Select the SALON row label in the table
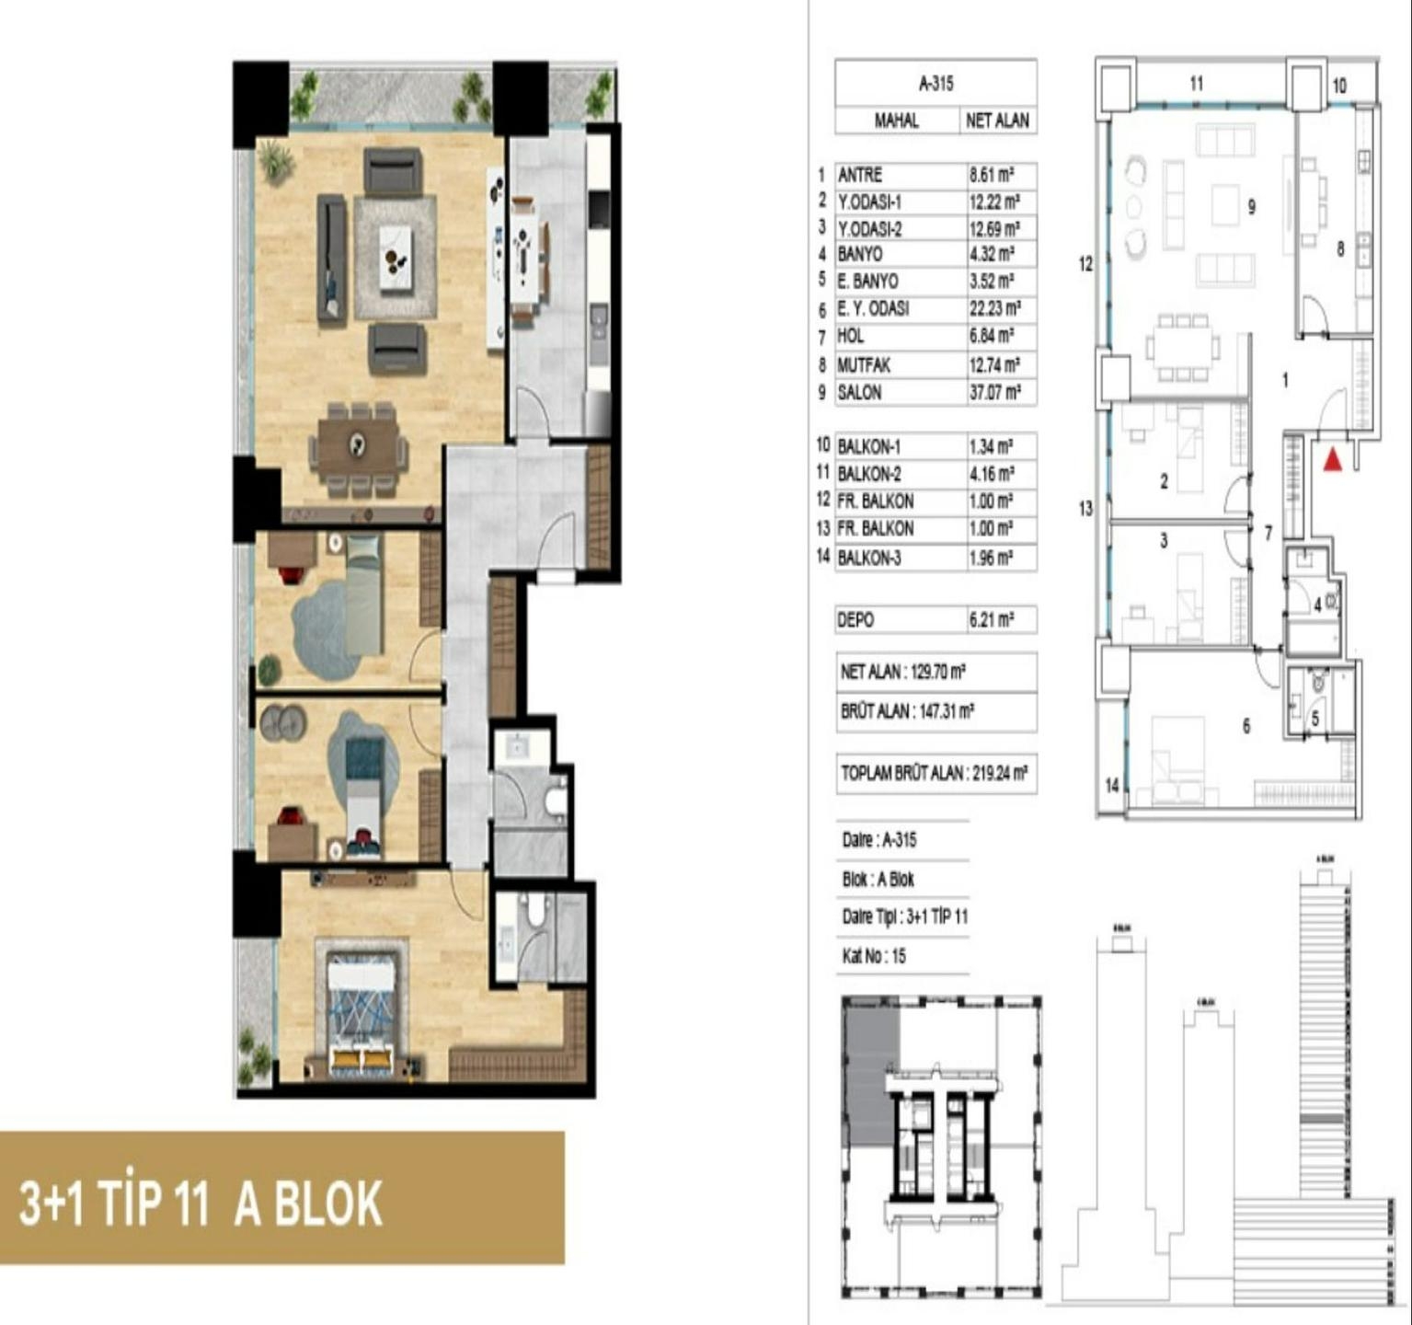point(859,393)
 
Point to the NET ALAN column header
point(997,121)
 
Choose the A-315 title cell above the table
point(936,84)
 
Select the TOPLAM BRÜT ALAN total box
point(934,774)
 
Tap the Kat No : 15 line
point(874,957)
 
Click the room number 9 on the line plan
point(1251,207)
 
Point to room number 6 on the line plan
point(1246,726)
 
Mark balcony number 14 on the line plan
point(1112,785)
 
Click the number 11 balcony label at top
point(1196,84)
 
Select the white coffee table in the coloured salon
point(396,258)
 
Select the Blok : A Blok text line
point(878,880)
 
